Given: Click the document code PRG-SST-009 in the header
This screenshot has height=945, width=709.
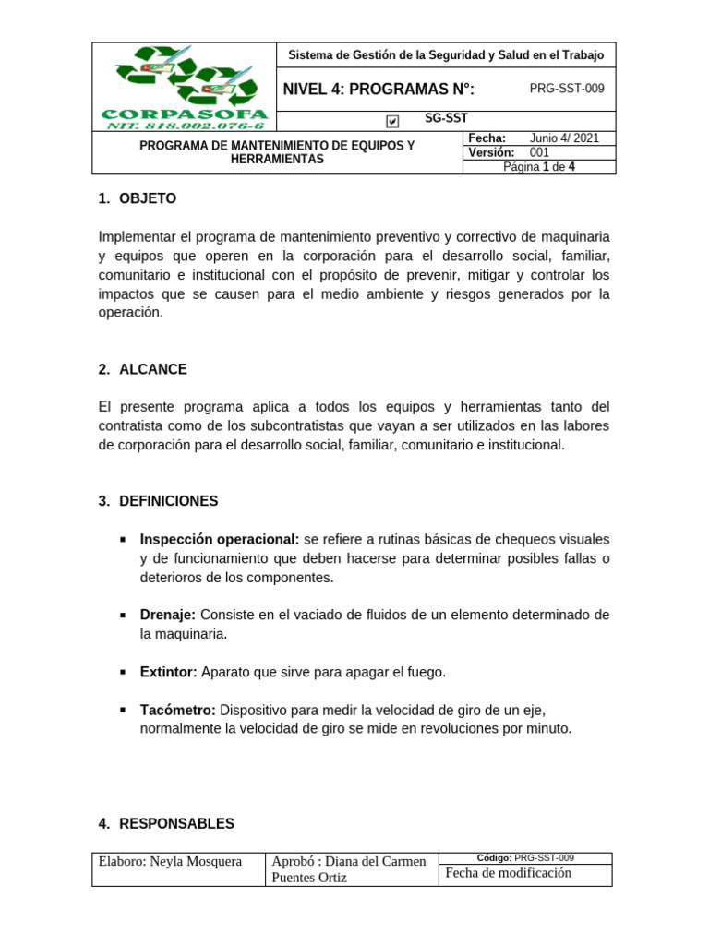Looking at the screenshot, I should pyautogui.click(x=566, y=89).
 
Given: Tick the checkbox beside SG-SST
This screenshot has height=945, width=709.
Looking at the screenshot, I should pyautogui.click(x=393, y=121).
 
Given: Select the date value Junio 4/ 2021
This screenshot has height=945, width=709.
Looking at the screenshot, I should pyautogui.click(x=564, y=138).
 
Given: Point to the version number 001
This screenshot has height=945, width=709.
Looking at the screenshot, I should pyautogui.click(x=539, y=152).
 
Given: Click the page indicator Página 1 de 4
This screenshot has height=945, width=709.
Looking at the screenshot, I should pyautogui.click(x=539, y=167).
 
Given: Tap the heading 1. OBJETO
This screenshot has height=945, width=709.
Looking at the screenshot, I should pyautogui.click(x=137, y=198).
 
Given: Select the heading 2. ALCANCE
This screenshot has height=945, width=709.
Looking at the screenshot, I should pyautogui.click(x=142, y=369).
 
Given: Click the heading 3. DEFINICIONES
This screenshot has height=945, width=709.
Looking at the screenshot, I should pyautogui.click(x=158, y=501).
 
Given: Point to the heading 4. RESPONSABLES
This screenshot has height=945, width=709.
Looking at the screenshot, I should pyautogui.click(x=166, y=823).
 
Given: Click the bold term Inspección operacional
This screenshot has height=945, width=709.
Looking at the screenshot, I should pyautogui.click(x=220, y=539).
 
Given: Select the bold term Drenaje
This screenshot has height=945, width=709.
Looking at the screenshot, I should pyautogui.click(x=168, y=615).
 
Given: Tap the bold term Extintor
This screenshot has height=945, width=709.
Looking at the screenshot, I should pyautogui.click(x=168, y=672).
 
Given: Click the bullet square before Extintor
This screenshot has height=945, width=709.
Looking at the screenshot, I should pyautogui.click(x=123, y=672).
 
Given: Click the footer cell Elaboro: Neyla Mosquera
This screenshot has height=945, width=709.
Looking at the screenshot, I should pyautogui.click(x=171, y=862).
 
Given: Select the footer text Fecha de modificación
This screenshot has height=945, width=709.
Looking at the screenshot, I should pyautogui.click(x=509, y=873).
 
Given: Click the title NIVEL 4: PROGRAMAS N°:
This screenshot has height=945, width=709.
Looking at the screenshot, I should pyautogui.click(x=379, y=89).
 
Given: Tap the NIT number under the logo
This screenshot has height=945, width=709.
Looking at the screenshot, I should pyautogui.click(x=185, y=126).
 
